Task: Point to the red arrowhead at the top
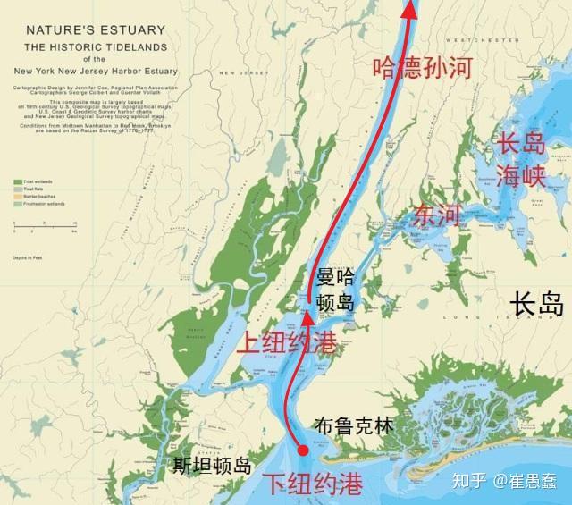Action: [408, 8]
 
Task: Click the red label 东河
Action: [437, 215]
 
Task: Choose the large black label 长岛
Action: [535, 306]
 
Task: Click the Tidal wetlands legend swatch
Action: [18, 181]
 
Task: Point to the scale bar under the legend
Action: [45, 223]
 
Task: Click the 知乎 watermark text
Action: [476, 483]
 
